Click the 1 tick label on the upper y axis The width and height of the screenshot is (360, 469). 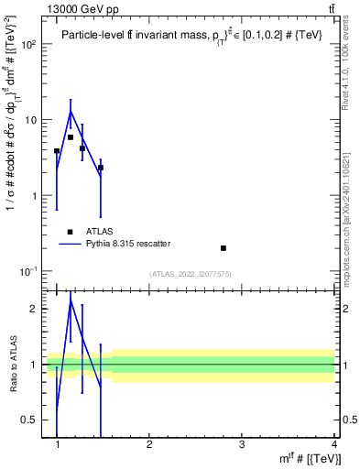pyautogui.click(x=34, y=196)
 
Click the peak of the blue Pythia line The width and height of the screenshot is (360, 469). pyautogui.click(x=71, y=112)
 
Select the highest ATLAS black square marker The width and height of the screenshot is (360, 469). pyautogui.click(x=71, y=137)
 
